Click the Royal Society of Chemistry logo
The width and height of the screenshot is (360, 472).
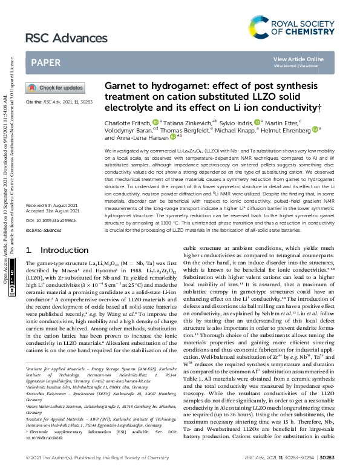pyautogui.click(x=299, y=25)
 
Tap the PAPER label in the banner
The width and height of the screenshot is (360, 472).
pyautogui.click(x=45, y=62)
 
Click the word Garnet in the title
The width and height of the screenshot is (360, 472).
pyautogui.click(x=122, y=87)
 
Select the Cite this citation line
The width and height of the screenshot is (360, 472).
pyautogui.click(x=57, y=102)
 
